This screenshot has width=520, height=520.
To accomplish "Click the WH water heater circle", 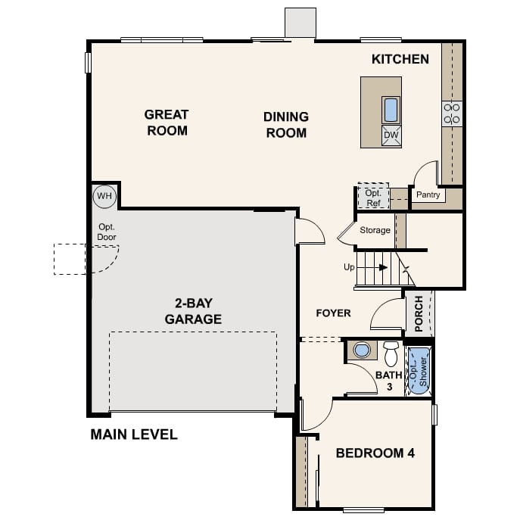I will [x=104, y=197].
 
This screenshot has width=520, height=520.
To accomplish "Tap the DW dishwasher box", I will [x=391, y=135].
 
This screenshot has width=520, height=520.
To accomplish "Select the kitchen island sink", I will [x=391, y=110].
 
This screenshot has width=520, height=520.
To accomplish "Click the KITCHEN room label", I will [x=400, y=59].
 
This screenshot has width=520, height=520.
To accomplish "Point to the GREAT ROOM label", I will [x=167, y=123].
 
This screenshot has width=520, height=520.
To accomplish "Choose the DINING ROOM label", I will [x=285, y=125].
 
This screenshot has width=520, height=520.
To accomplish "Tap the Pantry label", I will [x=428, y=195].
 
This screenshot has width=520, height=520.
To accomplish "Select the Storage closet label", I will [x=375, y=230].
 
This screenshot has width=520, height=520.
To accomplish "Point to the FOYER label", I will [x=333, y=313].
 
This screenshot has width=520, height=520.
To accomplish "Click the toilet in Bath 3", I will [x=391, y=353].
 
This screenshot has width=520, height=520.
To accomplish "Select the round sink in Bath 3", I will [x=363, y=350].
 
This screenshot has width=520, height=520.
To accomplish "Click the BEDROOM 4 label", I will [x=375, y=453].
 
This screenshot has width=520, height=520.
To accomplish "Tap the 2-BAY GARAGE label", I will [x=193, y=311].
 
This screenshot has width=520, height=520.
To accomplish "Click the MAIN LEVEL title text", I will [x=134, y=434].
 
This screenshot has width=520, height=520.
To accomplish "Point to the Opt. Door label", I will [x=107, y=232].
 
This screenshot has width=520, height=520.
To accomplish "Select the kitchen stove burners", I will [x=451, y=114].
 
